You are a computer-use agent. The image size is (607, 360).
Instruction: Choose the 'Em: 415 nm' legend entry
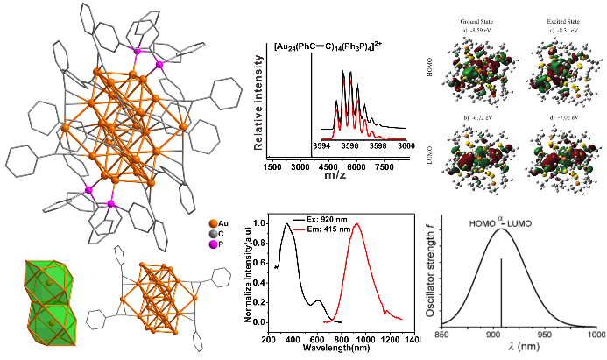[310, 225]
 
